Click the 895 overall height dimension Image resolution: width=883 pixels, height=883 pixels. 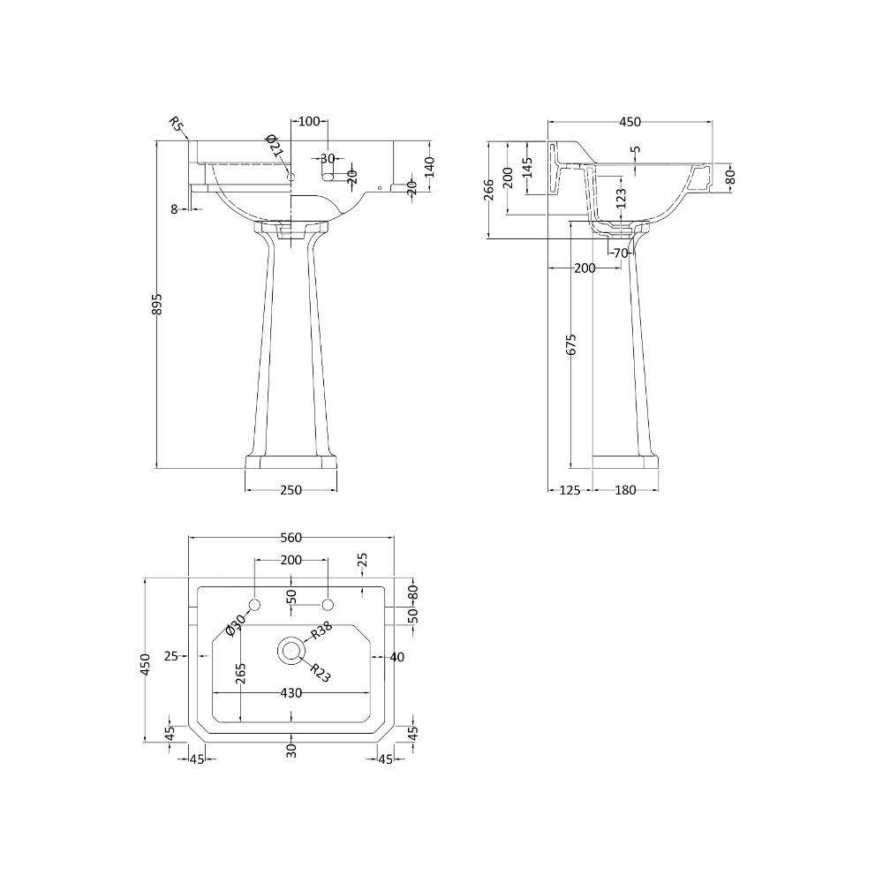click(x=158, y=304)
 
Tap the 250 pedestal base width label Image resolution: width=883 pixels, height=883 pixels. click(x=291, y=490)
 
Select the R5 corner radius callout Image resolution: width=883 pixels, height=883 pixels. click(x=177, y=124)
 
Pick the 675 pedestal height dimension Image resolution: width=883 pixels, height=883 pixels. click(x=571, y=344)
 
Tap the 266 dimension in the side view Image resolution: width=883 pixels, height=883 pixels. click(x=489, y=190)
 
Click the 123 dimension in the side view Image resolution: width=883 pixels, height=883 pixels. click(x=621, y=199)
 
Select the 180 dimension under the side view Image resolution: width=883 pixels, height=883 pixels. click(x=625, y=490)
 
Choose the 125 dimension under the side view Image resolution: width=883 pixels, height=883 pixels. click(x=570, y=490)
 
